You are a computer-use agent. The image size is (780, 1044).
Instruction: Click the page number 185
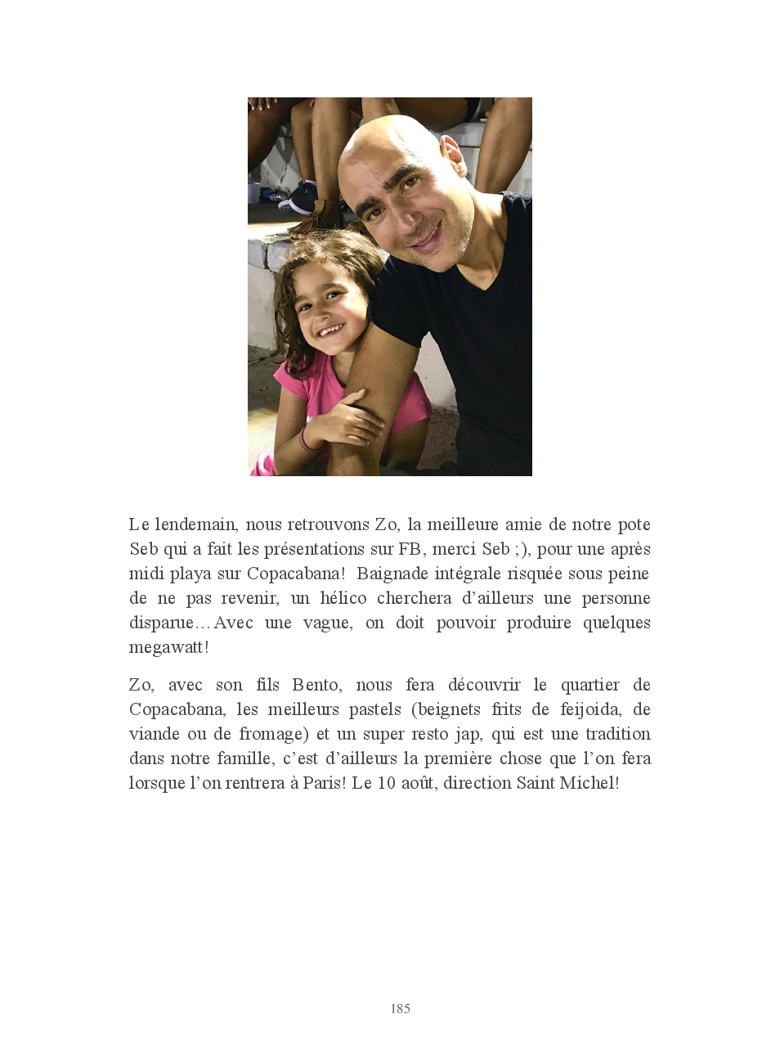pyautogui.click(x=400, y=1009)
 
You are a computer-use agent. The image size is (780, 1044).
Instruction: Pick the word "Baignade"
pyautogui.click(x=390, y=574)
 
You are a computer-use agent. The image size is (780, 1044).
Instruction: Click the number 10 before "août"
pyautogui.click(x=385, y=783)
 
